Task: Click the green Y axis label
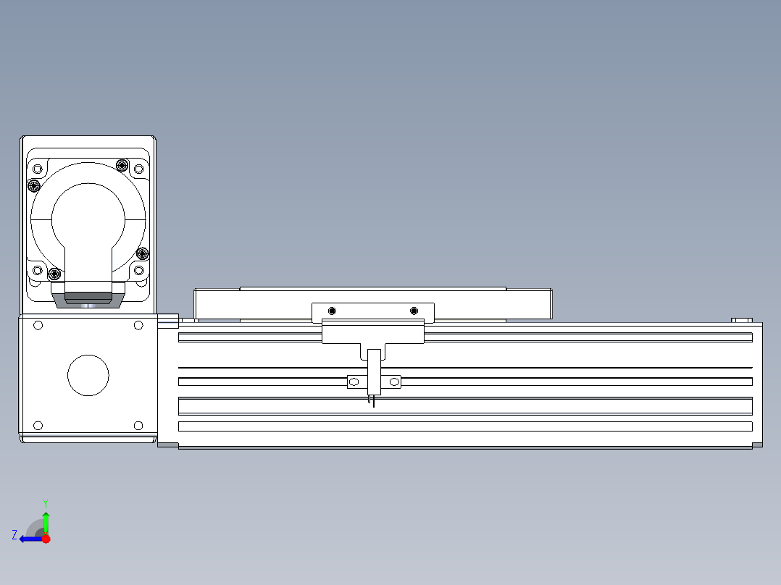46,502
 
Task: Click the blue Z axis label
14,535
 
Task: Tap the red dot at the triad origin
46,539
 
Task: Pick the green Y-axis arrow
46,521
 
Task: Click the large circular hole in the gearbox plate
88,376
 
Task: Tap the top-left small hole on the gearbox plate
38,326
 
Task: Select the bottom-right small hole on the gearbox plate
138,425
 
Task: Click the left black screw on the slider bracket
332,311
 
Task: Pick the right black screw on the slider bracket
414,311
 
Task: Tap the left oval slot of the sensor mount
354,382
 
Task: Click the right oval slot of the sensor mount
395,382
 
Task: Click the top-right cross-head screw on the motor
122,165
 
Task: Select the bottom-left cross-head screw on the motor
54,273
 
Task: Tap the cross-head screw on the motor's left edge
33,186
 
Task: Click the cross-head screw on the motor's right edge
143,253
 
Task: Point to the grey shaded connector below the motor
88,297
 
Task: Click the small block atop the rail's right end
742,319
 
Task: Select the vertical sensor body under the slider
374,371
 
